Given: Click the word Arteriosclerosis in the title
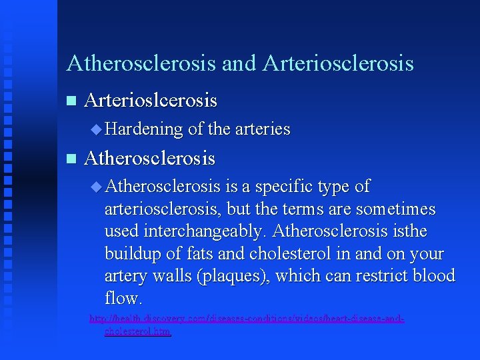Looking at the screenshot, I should click(x=338, y=64).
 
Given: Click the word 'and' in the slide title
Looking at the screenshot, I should click(x=239, y=64).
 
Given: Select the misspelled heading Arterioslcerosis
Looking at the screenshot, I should click(x=151, y=101).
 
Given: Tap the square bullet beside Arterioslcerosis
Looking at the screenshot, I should click(x=71, y=101).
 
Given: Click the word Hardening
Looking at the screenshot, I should click(x=143, y=129).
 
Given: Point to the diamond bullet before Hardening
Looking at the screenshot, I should click(x=97, y=129).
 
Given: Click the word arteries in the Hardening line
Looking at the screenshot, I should click(x=263, y=129).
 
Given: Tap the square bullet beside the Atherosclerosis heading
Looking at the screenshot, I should click(x=71, y=159).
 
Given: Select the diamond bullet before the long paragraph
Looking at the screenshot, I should click(x=97, y=187).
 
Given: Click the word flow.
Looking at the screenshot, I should click(x=123, y=298).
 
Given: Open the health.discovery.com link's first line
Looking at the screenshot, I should click(x=247, y=319).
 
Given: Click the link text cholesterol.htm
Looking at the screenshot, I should click(x=137, y=331).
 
